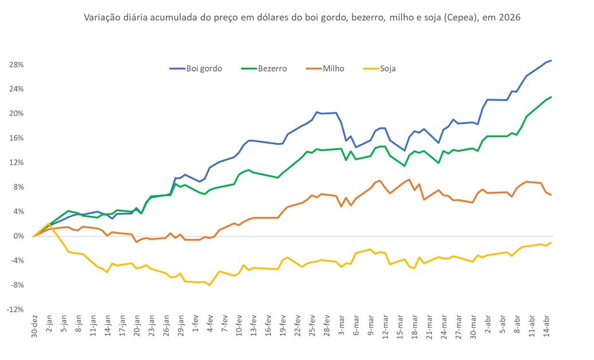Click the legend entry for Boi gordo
click(x=196, y=68)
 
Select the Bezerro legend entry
click(x=262, y=68)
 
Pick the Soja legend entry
click(x=380, y=68)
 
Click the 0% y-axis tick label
click(x=18, y=236)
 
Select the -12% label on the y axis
click(x=14, y=310)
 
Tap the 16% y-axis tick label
click(x=16, y=138)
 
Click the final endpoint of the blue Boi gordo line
click(x=551, y=60)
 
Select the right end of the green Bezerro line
click(x=551, y=97)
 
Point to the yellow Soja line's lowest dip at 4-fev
click(x=210, y=285)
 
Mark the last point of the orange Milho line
click(x=551, y=195)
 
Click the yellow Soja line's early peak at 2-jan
click(x=48, y=224)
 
